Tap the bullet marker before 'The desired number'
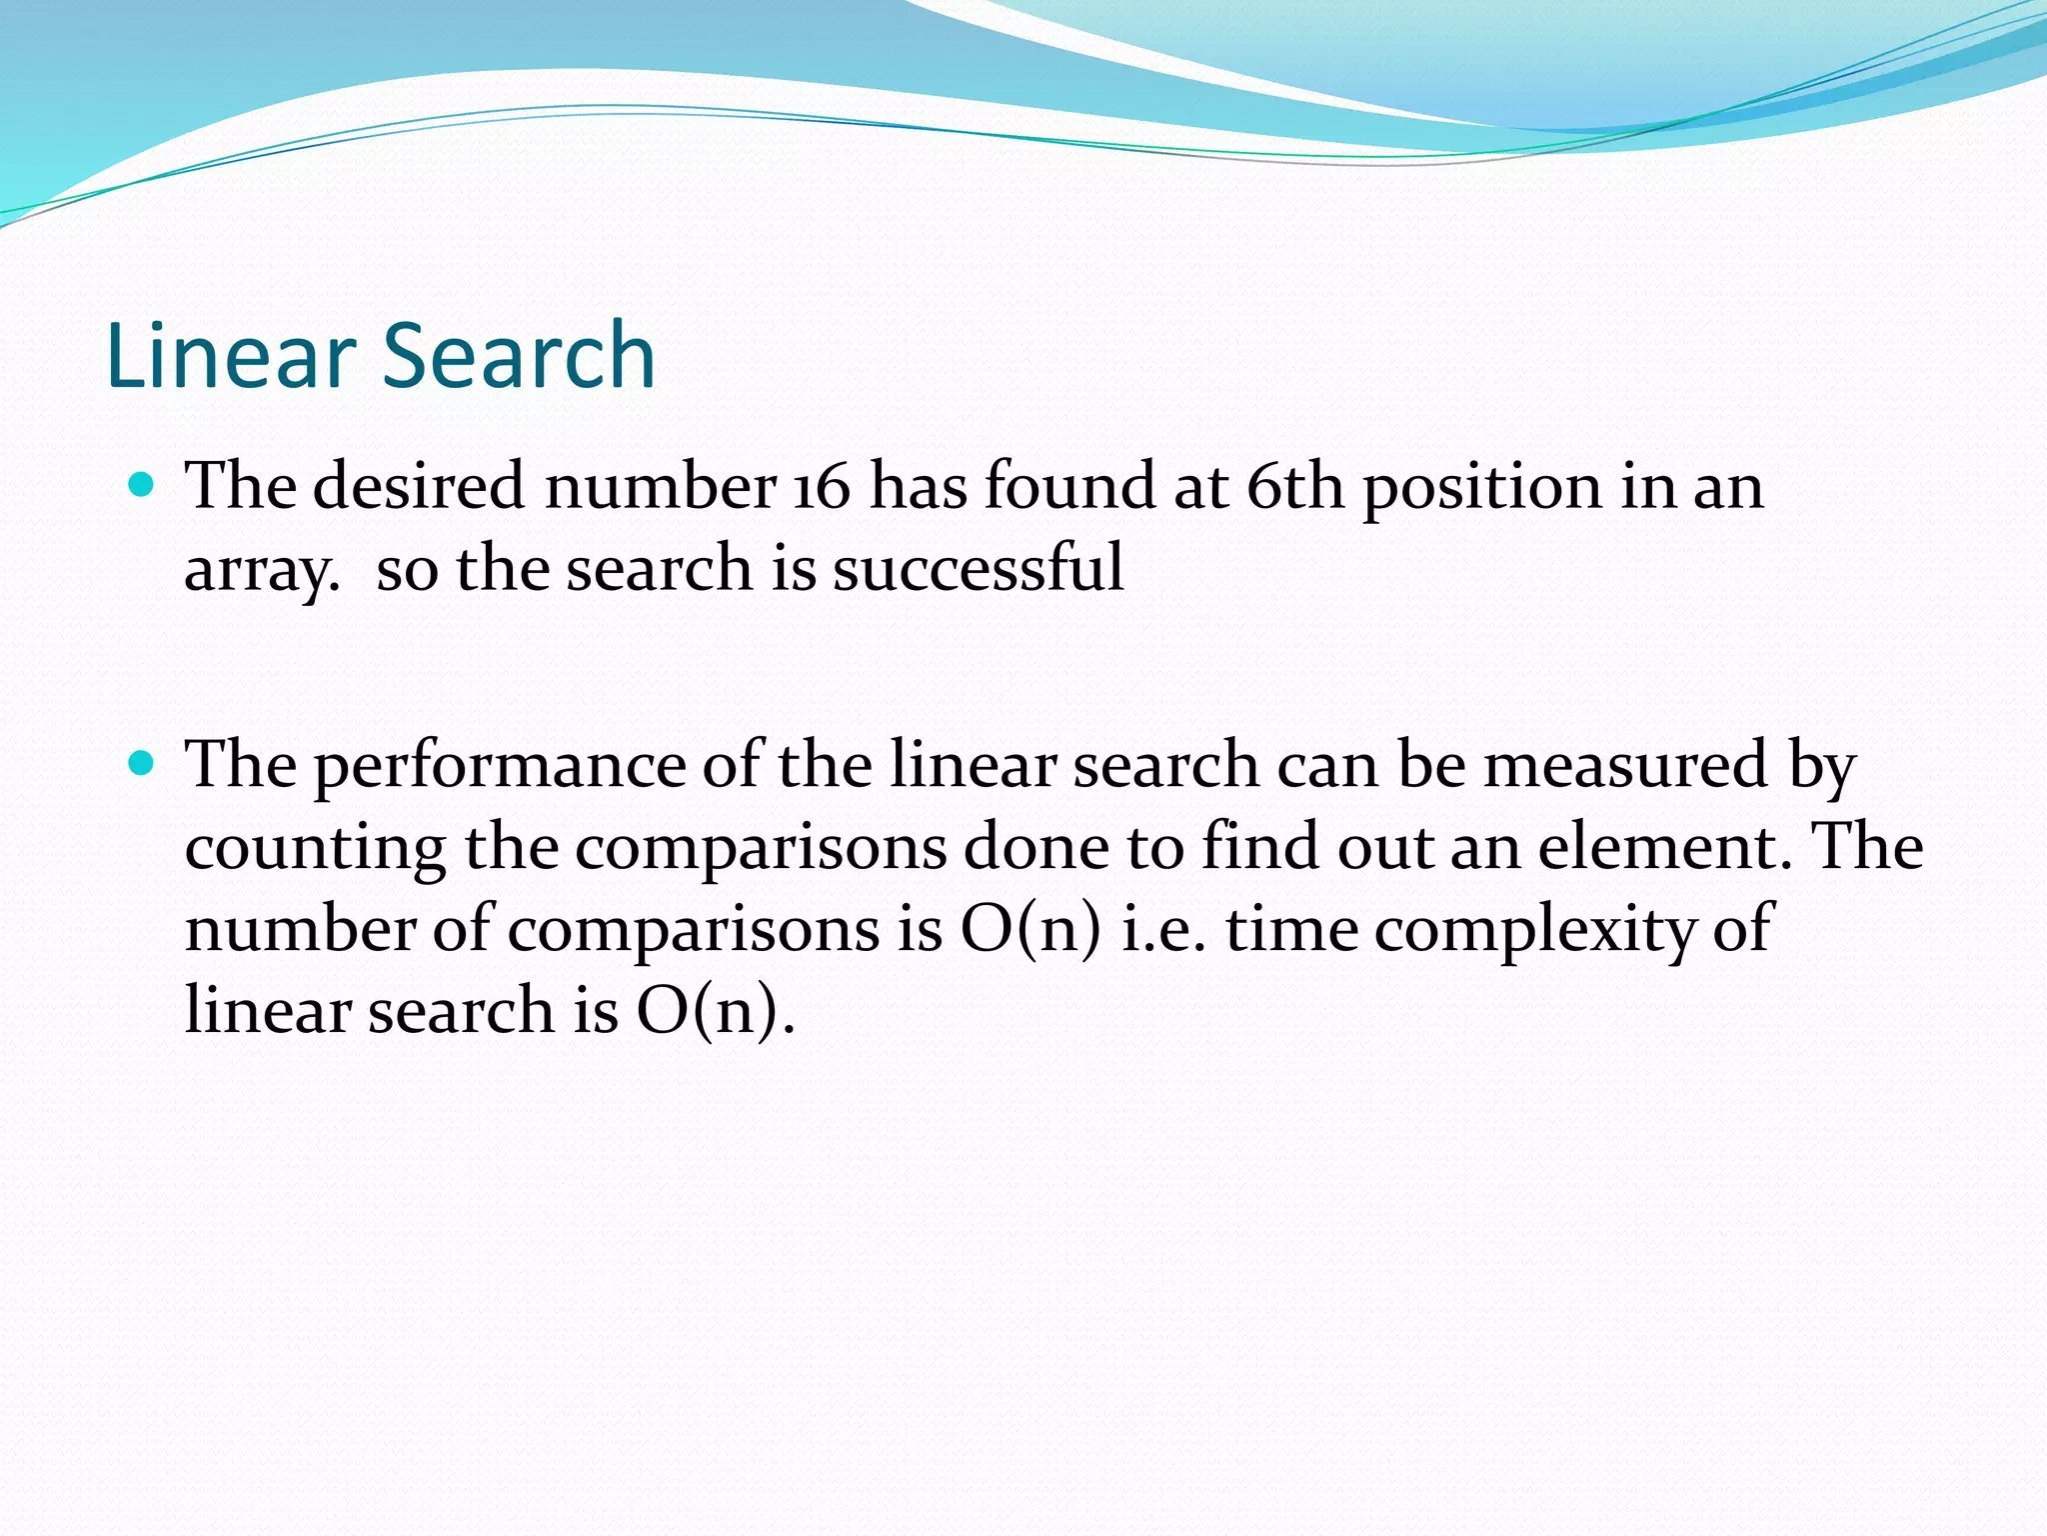tap(142, 487)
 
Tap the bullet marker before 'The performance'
tap(142, 765)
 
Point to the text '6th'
tap(1295, 487)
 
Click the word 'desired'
tap(419, 487)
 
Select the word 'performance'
tap(500, 767)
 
